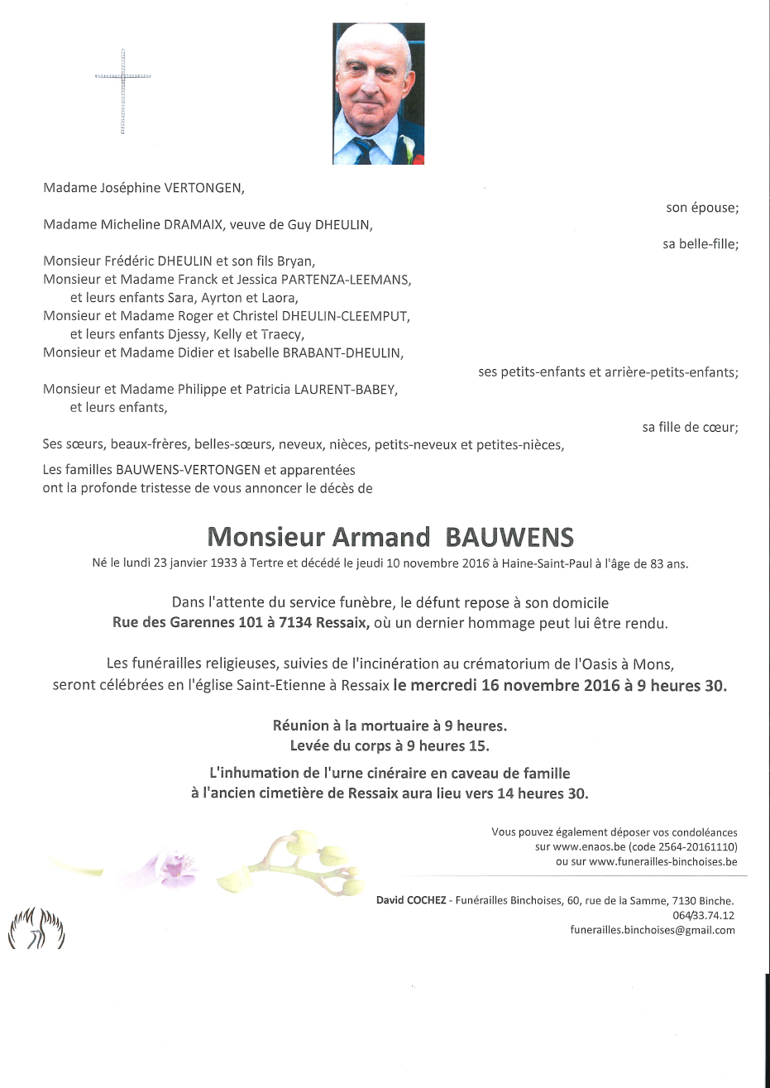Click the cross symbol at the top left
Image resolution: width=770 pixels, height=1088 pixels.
[x=122, y=90]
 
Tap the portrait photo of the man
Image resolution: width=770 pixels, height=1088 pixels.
[x=378, y=93]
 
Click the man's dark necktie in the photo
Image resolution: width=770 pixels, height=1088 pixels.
[x=365, y=150]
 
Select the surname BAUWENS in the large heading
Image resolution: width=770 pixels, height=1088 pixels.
[x=509, y=538]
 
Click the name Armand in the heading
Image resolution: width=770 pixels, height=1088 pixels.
[x=380, y=538]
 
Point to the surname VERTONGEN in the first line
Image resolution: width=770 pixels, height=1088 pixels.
[x=203, y=188]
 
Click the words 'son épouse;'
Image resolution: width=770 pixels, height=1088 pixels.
[x=701, y=208]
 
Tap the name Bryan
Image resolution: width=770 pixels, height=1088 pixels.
[x=295, y=261]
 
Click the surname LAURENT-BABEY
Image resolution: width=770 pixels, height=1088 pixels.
[x=346, y=389]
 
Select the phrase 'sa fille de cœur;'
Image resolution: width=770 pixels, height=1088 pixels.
[x=690, y=427]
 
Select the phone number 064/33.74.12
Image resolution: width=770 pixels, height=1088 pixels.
[x=703, y=915]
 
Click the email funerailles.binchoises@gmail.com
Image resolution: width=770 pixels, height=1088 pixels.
[x=653, y=930]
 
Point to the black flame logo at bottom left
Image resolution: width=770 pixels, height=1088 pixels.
[x=36, y=929]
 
